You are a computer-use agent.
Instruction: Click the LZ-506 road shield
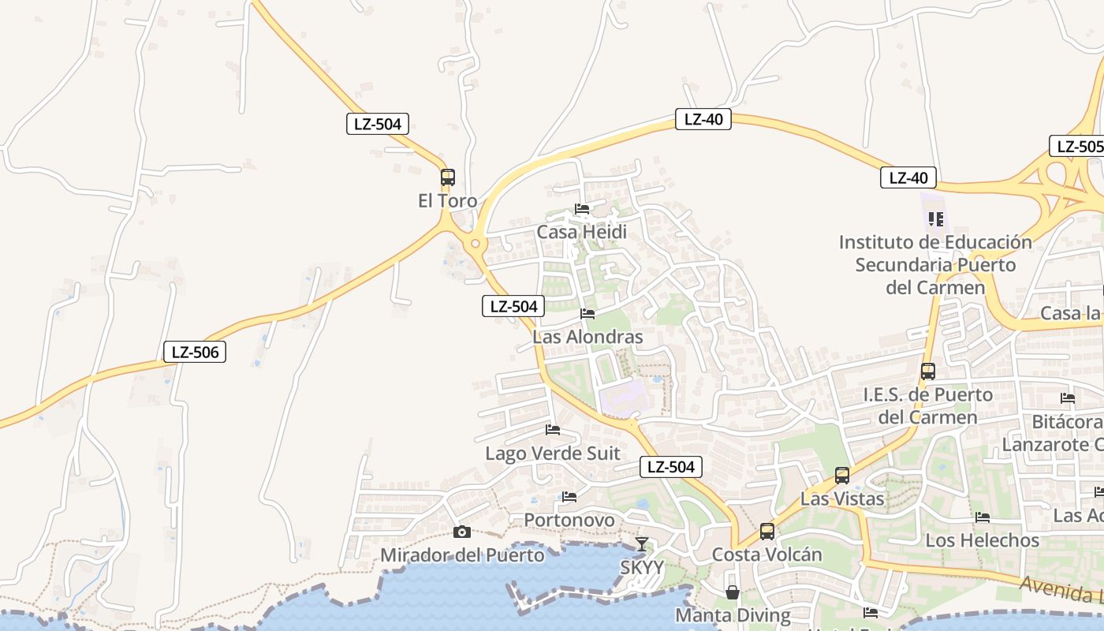tap(195, 352)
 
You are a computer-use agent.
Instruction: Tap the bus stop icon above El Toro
tap(448, 177)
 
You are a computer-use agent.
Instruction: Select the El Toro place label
tap(448, 201)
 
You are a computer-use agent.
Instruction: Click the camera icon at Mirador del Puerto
tap(462, 532)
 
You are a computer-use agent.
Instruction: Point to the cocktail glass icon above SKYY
tap(642, 544)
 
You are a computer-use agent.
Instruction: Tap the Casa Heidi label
tap(582, 232)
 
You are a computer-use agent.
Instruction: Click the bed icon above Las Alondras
tap(587, 314)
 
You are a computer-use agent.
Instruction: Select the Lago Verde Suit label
tap(553, 454)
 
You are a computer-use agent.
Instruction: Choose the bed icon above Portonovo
tap(569, 497)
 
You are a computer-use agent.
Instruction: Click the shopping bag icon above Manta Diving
tap(733, 592)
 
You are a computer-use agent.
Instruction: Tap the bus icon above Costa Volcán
tap(767, 532)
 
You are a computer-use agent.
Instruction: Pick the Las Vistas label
tap(842, 498)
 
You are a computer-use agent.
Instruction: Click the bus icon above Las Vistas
tap(842, 476)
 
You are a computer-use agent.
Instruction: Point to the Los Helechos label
tap(983, 540)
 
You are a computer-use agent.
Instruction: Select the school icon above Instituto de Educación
tap(936, 218)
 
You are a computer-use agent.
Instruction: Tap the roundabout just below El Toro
tap(474, 244)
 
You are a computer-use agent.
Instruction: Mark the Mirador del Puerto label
tap(462, 555)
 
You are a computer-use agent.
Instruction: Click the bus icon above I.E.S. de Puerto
tap(928, 372)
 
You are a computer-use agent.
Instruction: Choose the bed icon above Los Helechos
tap(983, 517)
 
